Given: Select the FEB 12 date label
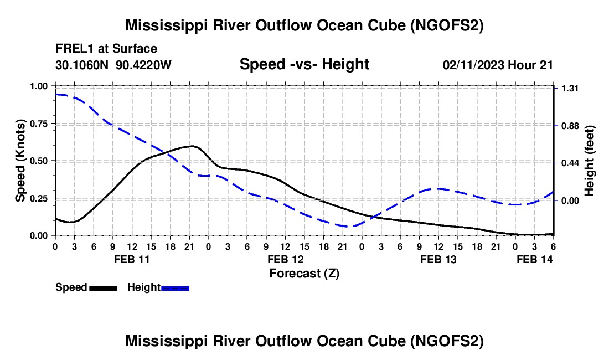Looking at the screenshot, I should click(285, 259).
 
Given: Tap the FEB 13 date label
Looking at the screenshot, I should click(438, 259).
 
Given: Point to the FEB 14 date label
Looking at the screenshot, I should click(534, 259).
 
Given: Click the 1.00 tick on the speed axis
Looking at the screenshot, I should click(40, 86).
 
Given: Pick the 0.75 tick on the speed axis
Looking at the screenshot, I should click(40, 124).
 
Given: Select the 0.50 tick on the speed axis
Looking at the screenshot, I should click(40, 161).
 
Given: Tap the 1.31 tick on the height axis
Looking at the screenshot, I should click(570, 89).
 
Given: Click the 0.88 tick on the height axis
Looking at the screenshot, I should click(570, 126).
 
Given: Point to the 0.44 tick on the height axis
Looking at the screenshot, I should click(570, 163).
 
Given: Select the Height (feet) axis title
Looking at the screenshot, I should click(589, 161).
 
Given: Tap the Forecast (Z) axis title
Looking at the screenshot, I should click(304, 273).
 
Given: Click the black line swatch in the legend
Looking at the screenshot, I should click(103, 288).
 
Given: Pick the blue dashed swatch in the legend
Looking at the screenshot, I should click(175, 288).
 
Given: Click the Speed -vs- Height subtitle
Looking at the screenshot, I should click(304, 64).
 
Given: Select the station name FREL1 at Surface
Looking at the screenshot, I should click(106, 49).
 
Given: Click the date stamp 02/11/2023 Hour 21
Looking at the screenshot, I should click(498, 65).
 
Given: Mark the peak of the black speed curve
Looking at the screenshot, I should click(192, 146).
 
